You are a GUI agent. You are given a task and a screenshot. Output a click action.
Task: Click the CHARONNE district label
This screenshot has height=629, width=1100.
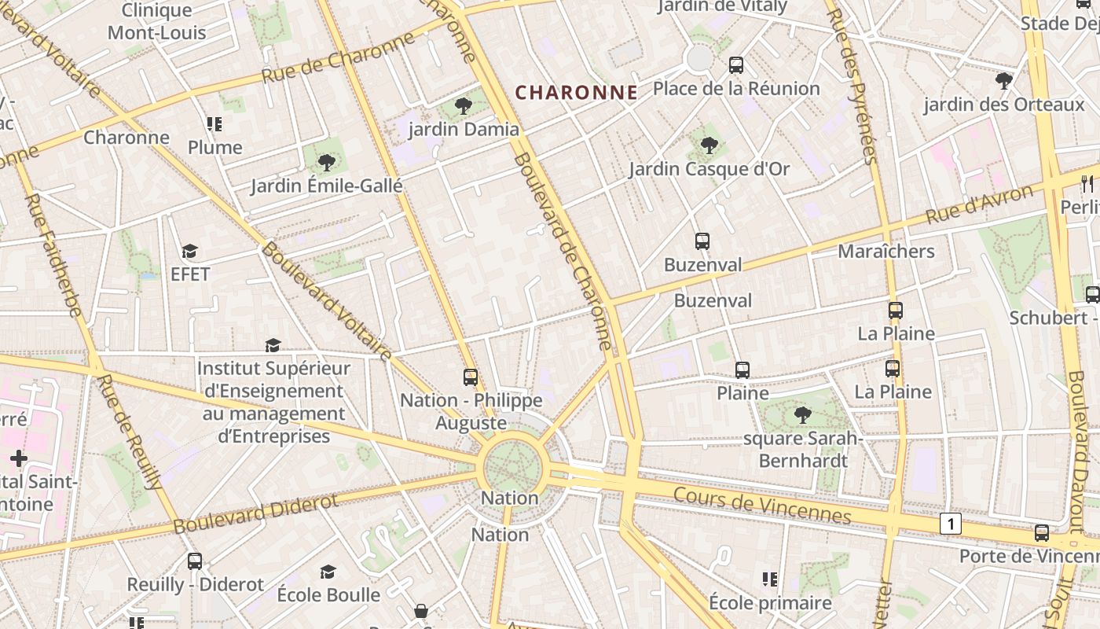[576, 93]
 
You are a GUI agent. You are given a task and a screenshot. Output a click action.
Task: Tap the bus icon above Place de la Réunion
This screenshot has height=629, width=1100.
[735, 65]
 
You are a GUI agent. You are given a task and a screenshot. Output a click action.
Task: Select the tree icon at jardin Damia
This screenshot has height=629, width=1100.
[463, 106]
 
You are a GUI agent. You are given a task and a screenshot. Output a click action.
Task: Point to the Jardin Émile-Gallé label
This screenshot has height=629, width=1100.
[326, 186]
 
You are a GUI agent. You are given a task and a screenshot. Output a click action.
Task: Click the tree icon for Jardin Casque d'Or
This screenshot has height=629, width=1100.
[709, 145]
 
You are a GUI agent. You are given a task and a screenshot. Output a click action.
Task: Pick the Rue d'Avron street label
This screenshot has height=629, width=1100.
[979, 204]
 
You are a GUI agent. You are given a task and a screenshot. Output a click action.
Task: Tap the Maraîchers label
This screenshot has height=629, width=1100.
[885, 252]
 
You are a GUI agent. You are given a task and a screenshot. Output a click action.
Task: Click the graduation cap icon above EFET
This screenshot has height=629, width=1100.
[189, 252]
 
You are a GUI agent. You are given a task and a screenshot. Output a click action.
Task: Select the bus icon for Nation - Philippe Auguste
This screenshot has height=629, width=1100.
[470, 377]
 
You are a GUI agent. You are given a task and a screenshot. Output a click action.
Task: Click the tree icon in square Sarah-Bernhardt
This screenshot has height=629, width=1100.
[802, 415]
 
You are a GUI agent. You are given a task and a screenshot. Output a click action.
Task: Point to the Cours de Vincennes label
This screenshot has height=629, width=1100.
[762, 505]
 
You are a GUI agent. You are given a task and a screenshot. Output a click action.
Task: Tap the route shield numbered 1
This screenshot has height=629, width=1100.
[951, 524]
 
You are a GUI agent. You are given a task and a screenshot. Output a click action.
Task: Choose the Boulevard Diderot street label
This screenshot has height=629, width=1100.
[255, 513]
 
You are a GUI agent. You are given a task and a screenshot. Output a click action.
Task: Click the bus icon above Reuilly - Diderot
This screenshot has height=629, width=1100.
[194, 561]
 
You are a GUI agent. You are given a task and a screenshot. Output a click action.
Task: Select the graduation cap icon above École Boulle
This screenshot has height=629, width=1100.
[328, 572]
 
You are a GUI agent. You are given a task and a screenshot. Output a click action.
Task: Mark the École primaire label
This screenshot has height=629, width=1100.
[769, 603]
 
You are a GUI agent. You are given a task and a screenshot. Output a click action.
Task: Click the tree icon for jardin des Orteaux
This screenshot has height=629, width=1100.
[1003, 81]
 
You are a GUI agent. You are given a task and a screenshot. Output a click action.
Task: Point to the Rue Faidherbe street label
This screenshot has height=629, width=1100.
[53, 256]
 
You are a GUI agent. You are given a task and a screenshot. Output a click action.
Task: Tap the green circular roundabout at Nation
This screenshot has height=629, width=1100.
[513, 467]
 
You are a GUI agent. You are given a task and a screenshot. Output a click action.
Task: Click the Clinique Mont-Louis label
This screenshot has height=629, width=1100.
[157, 21]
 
